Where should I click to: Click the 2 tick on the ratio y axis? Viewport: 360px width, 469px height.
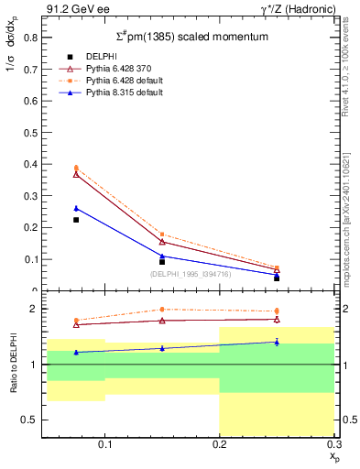coord(36,310)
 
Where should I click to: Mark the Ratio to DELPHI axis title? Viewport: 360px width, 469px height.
coord(13,365)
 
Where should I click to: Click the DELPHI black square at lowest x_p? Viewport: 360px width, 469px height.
coord(76,220)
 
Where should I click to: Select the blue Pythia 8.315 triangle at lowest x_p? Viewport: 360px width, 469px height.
coord(76,208)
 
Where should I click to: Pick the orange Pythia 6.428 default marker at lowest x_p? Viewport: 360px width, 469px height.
coord(76,168)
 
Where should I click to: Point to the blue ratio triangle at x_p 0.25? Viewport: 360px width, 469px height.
coord(277,342)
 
